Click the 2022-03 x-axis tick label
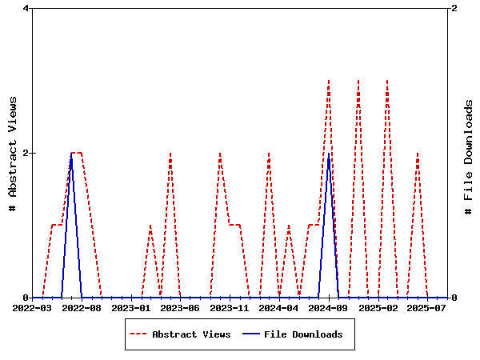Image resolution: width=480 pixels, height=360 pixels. [32, 307]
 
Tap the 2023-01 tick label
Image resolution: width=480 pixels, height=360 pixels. [131, 307]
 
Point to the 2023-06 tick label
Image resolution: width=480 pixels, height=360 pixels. [180, 307]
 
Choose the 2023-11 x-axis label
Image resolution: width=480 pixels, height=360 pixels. [230, 307]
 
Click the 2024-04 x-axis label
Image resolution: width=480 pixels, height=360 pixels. [279, 307]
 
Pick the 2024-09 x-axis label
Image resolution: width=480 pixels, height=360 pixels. [329, 307]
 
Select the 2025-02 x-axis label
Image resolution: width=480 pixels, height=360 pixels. [378, 307]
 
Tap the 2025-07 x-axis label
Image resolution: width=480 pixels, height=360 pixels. [427, 307]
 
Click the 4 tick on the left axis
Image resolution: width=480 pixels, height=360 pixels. [26, 8]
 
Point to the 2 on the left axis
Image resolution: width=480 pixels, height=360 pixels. [26, 153]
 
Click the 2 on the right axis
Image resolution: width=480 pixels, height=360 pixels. [454, 8]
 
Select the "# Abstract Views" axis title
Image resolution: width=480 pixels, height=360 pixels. [13, 153]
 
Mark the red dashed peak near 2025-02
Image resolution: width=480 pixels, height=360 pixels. [387, 81]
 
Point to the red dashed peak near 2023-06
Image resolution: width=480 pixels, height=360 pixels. [170, 154]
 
